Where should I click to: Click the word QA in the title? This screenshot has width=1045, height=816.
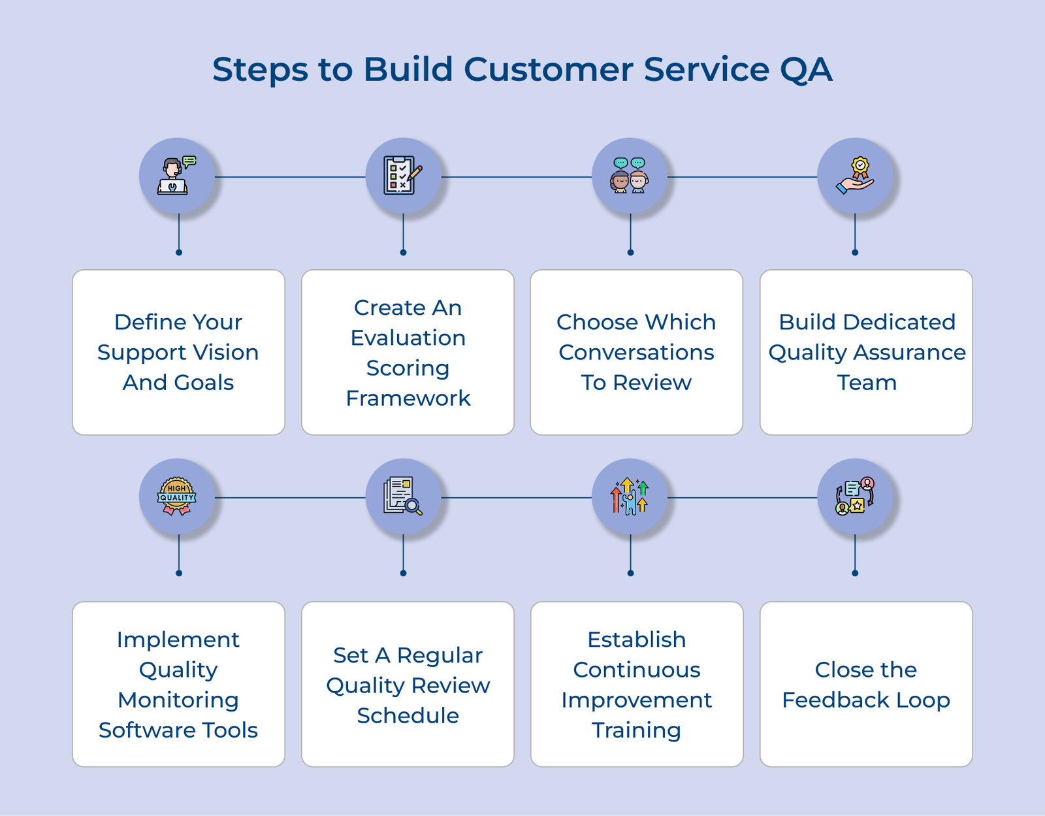(806, 70)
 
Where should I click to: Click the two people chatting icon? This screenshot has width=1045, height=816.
(630, 176)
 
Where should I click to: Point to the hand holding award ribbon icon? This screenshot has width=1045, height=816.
(855, 176)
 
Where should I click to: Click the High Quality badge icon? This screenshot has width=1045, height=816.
(177, 497)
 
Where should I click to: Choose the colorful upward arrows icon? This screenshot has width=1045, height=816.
(630, 497)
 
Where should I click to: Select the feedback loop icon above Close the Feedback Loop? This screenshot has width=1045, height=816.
(855, 497)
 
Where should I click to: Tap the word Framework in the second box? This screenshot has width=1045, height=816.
(408, 399)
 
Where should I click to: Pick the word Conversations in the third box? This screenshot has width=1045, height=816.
(636, 353)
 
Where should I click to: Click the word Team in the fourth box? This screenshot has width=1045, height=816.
(867, 383)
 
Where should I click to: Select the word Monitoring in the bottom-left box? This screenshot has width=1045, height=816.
(178, 700)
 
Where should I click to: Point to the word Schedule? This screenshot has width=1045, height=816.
(408, 716)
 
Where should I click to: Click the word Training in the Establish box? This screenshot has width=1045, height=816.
(636, 730)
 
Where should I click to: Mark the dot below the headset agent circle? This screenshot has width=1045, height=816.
(179, 252)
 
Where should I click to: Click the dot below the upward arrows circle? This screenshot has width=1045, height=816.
(630, 573)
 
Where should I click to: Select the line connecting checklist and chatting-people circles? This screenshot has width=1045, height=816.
(516, 176)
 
